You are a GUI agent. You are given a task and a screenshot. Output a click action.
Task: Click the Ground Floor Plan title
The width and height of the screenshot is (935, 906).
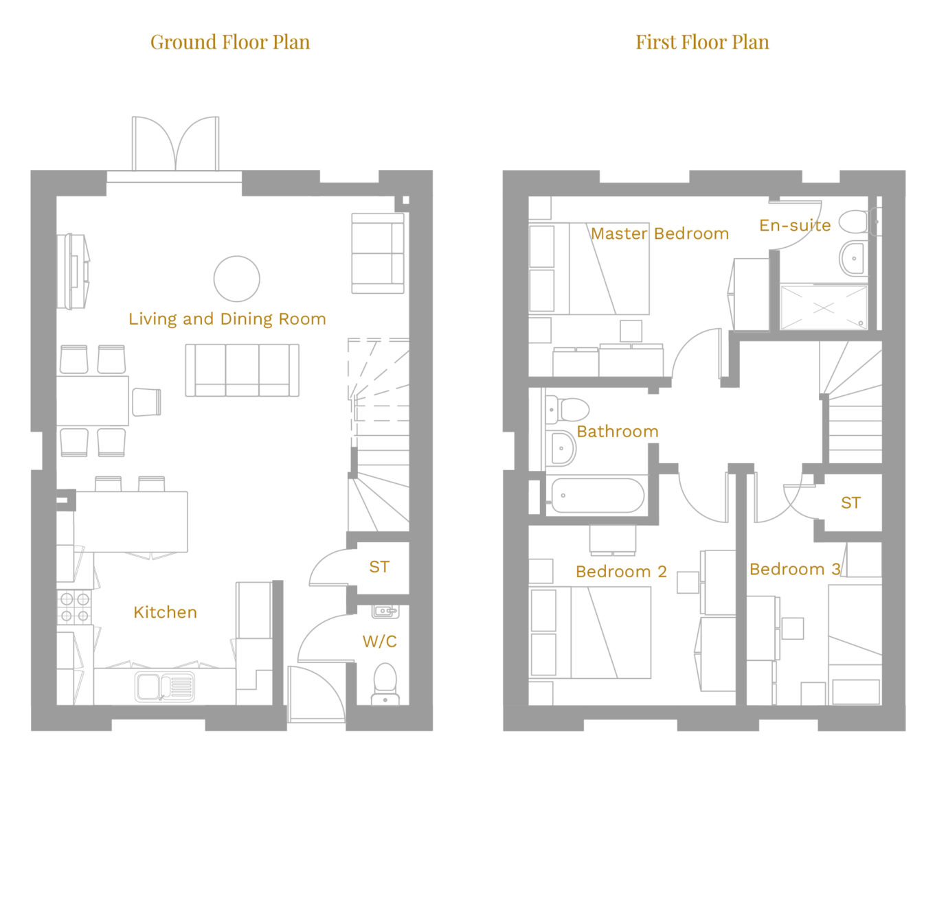[x=229, y=43]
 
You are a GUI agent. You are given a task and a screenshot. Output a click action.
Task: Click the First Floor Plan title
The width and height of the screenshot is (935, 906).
[x=702, y=43]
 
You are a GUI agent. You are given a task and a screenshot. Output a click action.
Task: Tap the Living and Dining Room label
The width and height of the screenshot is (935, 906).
[x=227, y=318]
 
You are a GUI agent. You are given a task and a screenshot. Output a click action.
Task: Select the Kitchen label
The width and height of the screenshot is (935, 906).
[x=166, y=612]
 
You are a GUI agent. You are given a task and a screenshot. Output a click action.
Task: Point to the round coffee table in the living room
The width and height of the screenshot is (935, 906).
[x=237, y=279]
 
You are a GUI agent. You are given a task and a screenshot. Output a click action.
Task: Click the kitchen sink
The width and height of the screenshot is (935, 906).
[x=165, y=686]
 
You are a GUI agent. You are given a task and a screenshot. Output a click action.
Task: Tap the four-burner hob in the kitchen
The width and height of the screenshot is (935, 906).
[x=74, y=607]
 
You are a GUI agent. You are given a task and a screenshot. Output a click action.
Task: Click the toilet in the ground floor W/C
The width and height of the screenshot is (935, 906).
[x=385, y=684]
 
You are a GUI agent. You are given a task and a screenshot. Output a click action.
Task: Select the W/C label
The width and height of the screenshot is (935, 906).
[x=380, y=641]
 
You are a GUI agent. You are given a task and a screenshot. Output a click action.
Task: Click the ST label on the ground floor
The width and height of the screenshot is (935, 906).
[x=379, y=567]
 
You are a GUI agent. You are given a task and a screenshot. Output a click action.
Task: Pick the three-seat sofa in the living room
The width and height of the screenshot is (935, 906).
[x=242, y=370]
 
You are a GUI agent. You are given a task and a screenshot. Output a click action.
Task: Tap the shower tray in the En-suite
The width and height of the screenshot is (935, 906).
[x=824, y=307]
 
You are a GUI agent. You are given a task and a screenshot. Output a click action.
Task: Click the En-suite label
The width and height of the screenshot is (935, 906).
[x=795, y=225]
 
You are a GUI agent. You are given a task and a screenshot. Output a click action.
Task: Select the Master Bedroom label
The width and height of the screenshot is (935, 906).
[x=660, y=233]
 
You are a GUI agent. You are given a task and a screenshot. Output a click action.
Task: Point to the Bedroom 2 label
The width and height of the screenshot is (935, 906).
[x=621, y=571]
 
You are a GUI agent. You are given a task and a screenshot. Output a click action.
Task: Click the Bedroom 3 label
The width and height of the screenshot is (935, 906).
[x=795, y=569]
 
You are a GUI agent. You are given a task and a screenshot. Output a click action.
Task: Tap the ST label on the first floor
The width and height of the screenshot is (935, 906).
[x=851, y=502]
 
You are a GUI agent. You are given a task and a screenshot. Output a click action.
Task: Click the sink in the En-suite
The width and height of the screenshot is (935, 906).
[x=853, y=258]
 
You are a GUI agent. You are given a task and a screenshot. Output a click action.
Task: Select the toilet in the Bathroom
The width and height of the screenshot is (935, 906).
[x=567, y=410]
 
